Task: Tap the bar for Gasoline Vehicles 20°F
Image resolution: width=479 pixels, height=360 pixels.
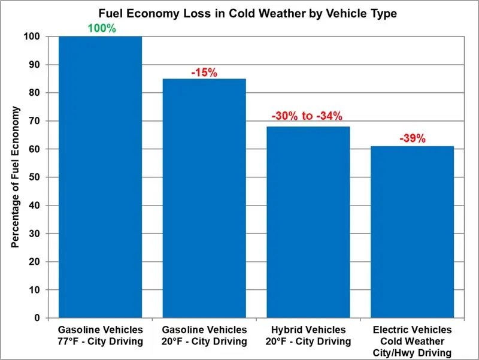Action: point(204,198)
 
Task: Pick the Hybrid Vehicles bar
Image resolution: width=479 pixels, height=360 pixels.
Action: point(308,222)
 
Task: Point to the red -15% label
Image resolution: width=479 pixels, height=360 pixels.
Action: point(204,72)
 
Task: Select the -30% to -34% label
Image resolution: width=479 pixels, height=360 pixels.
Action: point(308,116)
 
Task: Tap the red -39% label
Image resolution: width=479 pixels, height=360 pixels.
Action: point(413,138)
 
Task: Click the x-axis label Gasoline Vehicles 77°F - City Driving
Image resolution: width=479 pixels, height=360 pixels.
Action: point(100,336)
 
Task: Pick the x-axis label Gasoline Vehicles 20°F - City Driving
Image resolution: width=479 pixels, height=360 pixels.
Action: point(204,336)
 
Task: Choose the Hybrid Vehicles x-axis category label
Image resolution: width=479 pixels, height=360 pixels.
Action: point(308,336)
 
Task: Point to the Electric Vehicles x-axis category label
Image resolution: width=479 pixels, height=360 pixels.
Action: point(413,341)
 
